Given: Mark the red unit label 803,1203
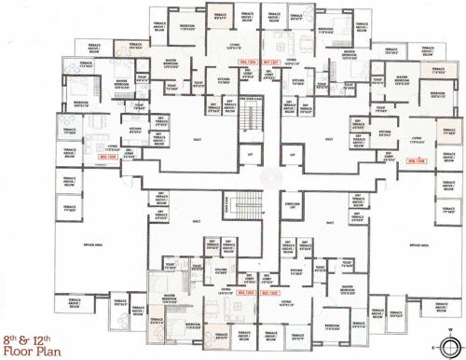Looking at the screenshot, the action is click(247, 293).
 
